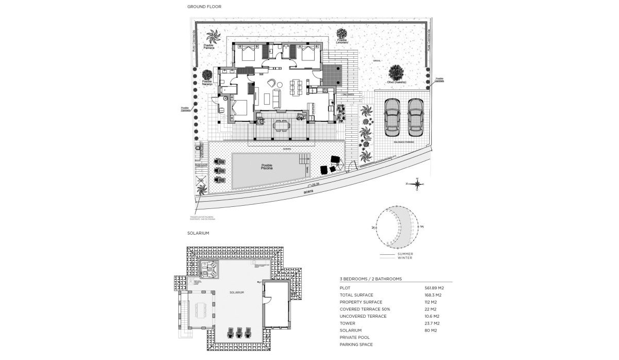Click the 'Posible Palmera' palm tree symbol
pos(213,37)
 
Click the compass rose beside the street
pos(417,184)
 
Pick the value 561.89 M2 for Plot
pos(434,288)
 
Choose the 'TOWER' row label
pos(347,323)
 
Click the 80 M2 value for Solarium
pos(430,330)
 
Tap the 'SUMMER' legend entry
pos(405,254)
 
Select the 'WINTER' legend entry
pos(405,258)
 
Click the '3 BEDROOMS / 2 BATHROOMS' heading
pos(370,279)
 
